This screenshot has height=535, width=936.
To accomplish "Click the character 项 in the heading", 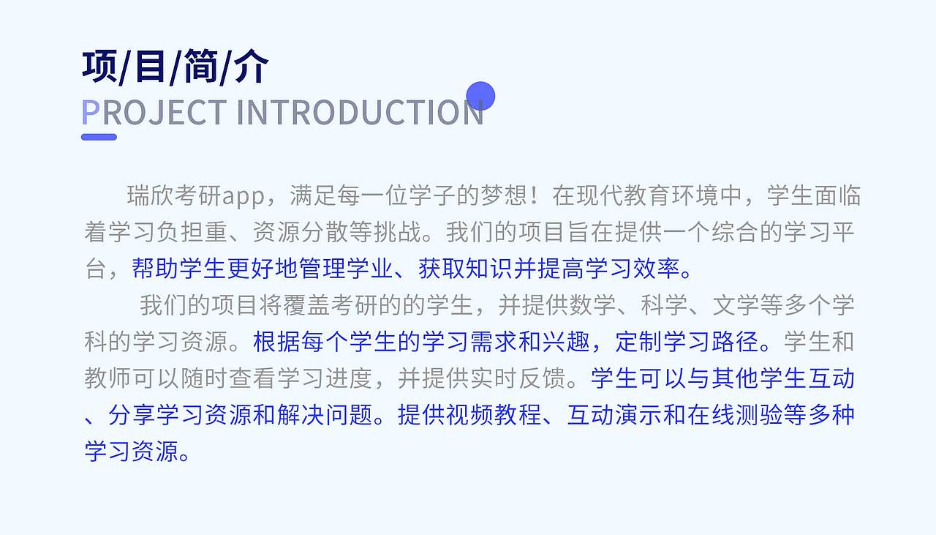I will coord(100,67).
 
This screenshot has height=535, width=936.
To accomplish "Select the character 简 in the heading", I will coord(200,67).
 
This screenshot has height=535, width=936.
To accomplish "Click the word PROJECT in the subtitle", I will coord(154,112).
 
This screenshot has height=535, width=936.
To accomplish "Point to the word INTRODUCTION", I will coord(360,112).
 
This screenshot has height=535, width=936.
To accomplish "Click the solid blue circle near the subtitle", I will coord(480,96).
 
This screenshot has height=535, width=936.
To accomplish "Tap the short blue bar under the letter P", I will coord(99,137).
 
